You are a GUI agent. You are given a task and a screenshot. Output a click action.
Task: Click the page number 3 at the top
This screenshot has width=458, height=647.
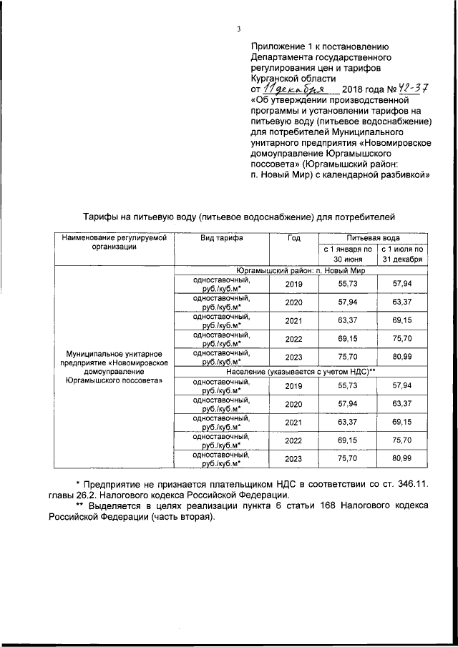238,29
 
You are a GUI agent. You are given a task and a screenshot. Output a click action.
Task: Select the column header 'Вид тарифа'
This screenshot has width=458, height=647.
221,237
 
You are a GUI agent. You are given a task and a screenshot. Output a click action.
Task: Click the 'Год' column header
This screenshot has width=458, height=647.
293,237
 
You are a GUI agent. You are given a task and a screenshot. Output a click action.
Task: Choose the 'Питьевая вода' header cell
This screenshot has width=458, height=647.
373,237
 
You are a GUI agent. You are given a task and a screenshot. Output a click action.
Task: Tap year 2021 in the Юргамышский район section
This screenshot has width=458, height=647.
293,321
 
